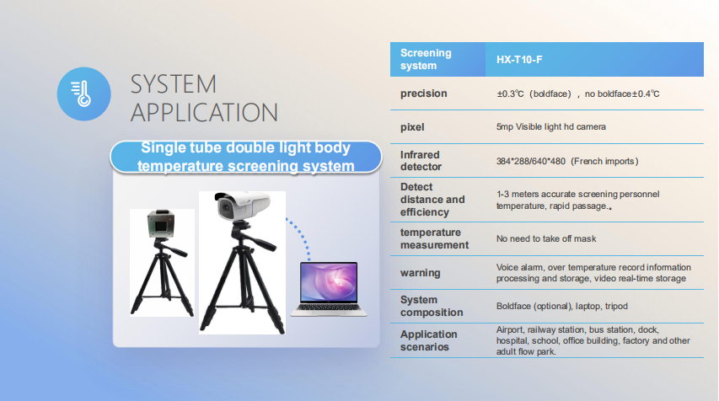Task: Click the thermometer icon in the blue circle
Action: click(81, 94)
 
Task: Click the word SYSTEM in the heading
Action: click(174, 84)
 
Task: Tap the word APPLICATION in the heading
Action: click(204, 113)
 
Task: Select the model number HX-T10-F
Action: click(519, 60)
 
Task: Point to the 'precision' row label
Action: click(423, 94)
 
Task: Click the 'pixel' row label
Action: click(412, 127)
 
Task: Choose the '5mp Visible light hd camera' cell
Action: click(550, 126)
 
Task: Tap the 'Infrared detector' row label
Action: click(421, 161)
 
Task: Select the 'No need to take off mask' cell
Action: click(546, 238)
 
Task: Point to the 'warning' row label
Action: click(420, 273)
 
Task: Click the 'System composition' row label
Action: click(432, 306)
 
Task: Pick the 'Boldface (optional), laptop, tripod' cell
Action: click(561, 306)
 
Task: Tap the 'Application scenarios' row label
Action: click(428, 340)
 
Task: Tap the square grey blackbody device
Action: click(161, 225)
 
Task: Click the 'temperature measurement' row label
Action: click(434, 238)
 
